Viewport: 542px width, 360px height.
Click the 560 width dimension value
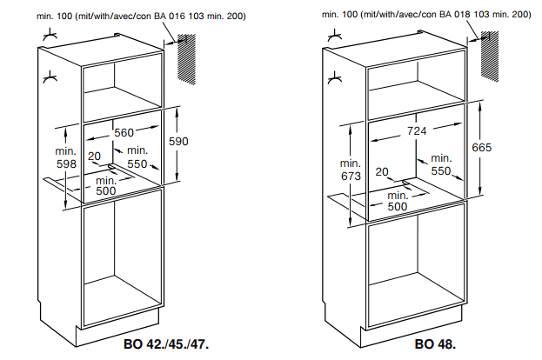tap(124, 133)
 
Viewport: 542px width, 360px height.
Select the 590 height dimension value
tap(178, 142)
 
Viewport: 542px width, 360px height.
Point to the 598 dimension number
tap(66, 163)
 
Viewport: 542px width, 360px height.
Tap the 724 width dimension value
tap(417, 131)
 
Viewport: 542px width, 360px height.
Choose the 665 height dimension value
tap(481, 148)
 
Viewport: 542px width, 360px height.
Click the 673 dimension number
tap(351, 177)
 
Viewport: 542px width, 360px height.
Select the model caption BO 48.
tap(435, 344)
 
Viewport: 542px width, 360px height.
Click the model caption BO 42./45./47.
tap(166, 344)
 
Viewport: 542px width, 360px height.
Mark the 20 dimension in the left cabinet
tap(94, 157)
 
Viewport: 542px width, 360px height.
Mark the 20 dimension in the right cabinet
tap(382, 171)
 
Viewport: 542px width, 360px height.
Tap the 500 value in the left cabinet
tap(106, 190)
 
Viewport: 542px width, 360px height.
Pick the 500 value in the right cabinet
tap(398, 207)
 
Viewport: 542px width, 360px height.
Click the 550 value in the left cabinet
tap(137, 163)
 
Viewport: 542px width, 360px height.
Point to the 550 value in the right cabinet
tap(441, 171)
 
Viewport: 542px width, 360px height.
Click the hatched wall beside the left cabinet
tap(187, 59)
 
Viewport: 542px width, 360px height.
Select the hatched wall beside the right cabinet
tap(490, 57)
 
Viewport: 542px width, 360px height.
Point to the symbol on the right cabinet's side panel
tap(335, 78)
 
